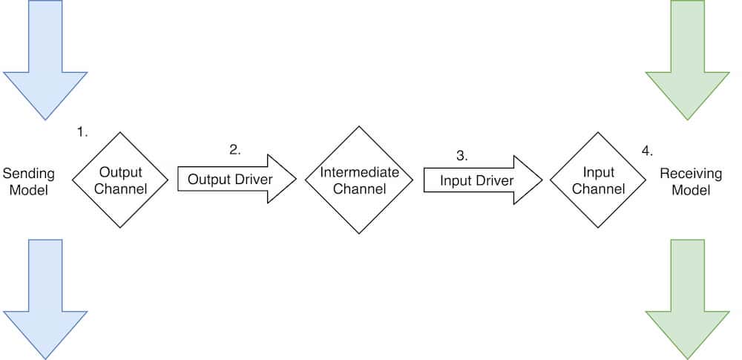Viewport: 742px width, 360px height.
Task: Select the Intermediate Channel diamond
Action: pos(359,180)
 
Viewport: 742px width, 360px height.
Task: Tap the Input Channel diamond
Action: pos(598,180)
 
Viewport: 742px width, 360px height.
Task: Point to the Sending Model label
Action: pos(29,182)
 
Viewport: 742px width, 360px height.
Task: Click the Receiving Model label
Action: pos(691,182)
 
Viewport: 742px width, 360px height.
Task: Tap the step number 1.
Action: pos(82,132)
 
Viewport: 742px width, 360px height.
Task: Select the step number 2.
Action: pos(235,149)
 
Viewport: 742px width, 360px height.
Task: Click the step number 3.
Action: pos(462,156)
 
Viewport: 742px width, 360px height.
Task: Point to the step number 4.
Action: pos(647,151)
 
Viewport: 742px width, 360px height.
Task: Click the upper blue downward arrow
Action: pos(45,59)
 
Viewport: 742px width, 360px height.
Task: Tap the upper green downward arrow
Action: pos(688,59)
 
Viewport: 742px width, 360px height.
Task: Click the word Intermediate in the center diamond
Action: pos(359,172)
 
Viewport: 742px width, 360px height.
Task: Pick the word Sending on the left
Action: pos(29,174)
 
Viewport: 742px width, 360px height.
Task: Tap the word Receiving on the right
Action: pos(691,174)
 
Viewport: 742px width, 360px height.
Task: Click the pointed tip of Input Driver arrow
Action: pos(540,180)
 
